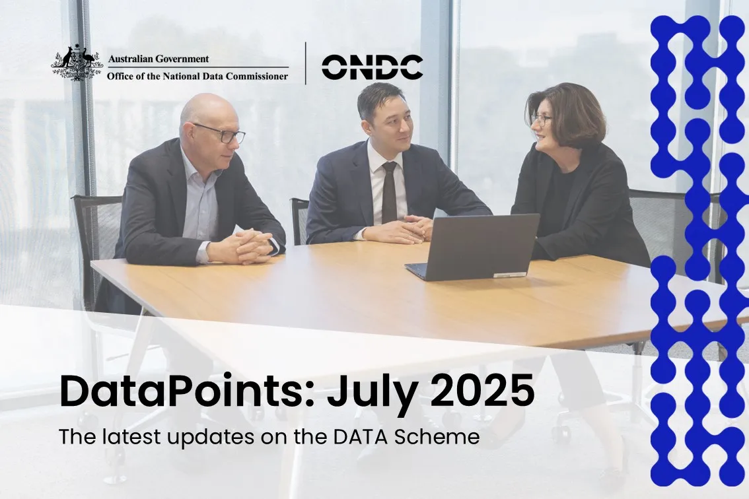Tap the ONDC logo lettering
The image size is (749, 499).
pos(372,67)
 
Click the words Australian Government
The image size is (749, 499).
pos(158,59)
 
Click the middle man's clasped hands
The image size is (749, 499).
pos(400,229)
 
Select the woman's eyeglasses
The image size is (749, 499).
pos(541,119)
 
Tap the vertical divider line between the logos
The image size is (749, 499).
pos(306,63)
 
